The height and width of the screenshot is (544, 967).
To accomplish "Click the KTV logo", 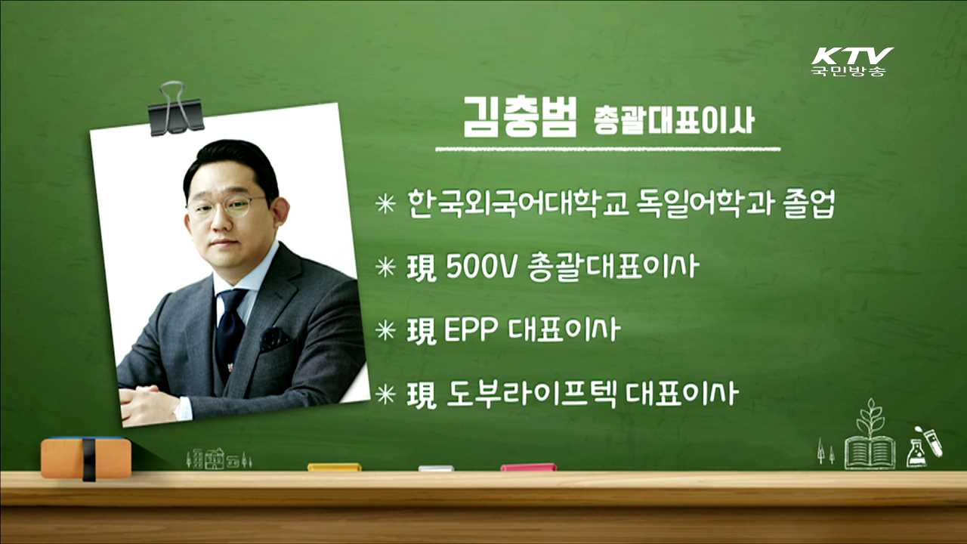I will click(851, 60).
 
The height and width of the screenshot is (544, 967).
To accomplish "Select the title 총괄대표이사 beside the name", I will click(673, 122).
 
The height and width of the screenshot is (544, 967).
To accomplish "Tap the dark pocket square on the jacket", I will click(274, 337).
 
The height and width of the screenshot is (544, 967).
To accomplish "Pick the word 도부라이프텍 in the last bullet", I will click(533, 394).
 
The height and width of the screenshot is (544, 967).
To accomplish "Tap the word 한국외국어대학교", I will click(517, 204).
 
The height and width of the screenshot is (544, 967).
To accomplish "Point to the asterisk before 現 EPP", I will click(386, 331).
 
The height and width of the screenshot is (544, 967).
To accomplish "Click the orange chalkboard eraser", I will click(86, 457).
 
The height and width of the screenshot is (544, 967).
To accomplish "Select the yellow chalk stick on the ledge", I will click(334, 468).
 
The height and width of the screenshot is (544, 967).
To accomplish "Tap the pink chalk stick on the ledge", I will click(528, 468).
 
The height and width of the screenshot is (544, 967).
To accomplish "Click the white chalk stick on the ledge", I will click(436, 468).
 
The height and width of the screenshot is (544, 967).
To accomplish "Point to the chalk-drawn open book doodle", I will click(870, 452).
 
